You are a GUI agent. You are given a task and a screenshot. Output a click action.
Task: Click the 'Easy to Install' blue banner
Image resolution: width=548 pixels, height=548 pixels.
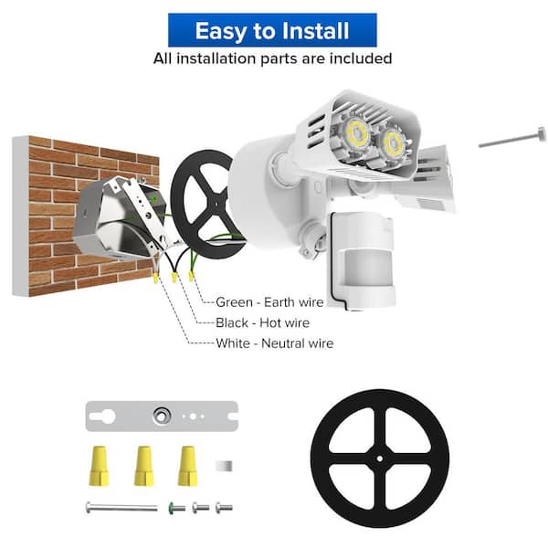click(x=272, y=30)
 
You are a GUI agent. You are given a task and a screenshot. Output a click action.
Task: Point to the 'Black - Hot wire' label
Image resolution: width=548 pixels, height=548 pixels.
click(x=262, y=322)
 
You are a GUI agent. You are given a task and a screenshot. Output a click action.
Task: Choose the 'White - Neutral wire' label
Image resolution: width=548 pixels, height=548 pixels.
click(x=274, y=344)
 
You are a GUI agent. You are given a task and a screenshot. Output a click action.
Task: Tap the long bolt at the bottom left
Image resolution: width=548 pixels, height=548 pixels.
click(x=121, y=507)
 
